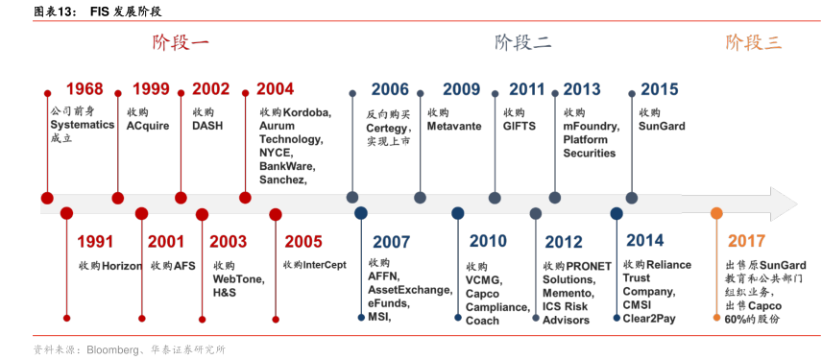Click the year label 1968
85,89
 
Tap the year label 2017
746,241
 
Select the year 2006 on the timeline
390,89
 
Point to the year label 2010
488,241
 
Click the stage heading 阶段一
181,42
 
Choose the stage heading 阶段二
523,42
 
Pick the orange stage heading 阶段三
754,42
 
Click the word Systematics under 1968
83,125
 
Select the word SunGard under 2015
662,127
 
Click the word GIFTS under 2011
520,127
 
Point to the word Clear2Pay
649,319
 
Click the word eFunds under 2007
389,303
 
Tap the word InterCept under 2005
326,265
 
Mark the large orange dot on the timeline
716,213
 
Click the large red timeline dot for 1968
47,198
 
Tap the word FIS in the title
98,12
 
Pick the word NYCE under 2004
276,154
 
